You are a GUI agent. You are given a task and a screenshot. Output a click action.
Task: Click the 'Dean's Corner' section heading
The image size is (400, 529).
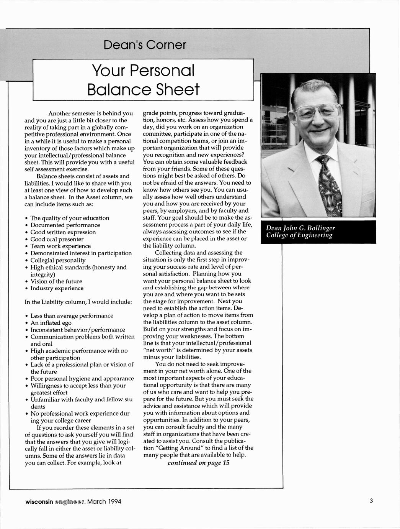coord(144,45)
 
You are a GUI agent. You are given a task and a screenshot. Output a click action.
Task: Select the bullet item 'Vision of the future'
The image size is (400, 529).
coord(56,281)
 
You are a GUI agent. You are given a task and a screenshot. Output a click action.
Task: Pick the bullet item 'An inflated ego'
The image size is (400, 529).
coord(51,323)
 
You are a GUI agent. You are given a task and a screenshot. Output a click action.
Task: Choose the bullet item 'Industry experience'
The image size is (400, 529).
coord(57,288)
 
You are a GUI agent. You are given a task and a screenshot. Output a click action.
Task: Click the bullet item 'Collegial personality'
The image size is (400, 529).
coord(58,260)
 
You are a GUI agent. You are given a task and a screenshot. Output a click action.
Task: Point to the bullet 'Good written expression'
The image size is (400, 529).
coord(63,232)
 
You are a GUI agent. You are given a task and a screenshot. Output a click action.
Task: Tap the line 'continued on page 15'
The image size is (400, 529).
coord(198,463)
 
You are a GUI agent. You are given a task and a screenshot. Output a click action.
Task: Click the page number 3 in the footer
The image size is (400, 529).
coord(371,501)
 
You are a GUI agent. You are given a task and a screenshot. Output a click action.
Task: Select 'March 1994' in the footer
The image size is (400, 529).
coord(104,501)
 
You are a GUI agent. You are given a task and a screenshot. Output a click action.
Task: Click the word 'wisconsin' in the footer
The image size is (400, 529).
coord(39,501)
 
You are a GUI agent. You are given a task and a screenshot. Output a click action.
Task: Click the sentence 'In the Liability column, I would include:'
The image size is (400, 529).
coord(78,302)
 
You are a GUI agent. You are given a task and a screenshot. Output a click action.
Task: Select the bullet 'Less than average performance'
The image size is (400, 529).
coord(72,316)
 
